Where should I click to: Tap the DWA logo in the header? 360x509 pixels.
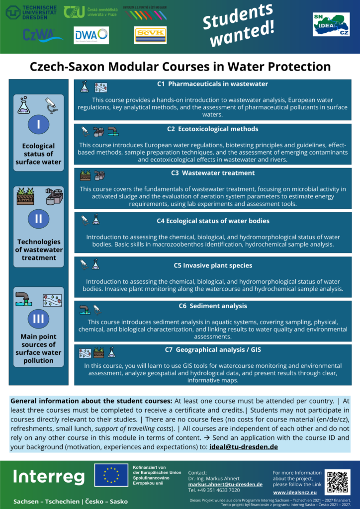tap(91, 35)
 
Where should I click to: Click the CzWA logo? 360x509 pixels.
tap(42, 35)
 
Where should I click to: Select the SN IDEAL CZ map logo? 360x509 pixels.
tap(331, 23)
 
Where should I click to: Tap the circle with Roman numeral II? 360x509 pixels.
tap(38, 218)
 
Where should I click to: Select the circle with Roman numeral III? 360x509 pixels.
tap(38, 319)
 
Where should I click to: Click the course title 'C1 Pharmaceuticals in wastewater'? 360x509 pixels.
tap(212, 84)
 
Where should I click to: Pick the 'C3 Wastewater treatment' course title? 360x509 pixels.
tap(212, 173)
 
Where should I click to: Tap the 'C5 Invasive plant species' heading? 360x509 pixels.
tap(213, 265)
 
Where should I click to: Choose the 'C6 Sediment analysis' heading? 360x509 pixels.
tap(213, 306)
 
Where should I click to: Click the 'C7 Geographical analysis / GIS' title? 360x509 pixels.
tap(213, 350)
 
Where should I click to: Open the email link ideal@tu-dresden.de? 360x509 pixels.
tap(244, 446)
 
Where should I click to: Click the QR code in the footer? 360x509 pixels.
tap(337, 482)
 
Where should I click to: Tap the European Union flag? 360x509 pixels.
tap(110, 475)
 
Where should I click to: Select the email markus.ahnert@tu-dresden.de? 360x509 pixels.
tap(225, 484)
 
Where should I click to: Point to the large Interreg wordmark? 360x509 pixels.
tap(49, 477)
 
